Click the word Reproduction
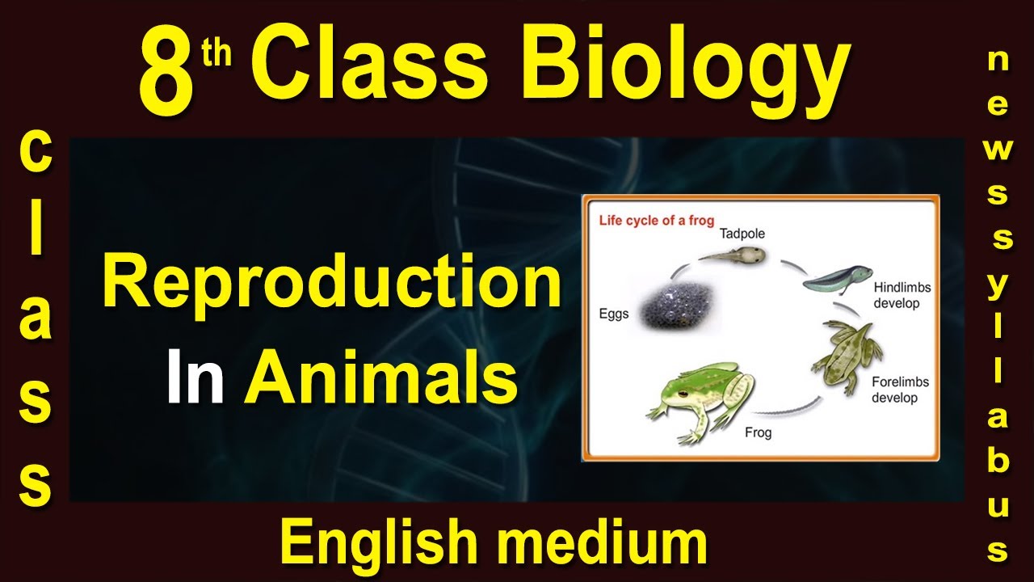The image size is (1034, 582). tap(331, 285)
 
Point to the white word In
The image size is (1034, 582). tap(195, 381)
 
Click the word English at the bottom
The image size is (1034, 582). tap(379, 542)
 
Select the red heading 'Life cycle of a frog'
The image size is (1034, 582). tap(656, 221)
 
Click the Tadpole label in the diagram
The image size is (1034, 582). tap(742, 234)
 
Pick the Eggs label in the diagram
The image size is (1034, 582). tap(614, 314)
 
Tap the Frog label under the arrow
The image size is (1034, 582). tap(758, 432)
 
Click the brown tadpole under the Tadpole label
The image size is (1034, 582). tap(735, 257)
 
